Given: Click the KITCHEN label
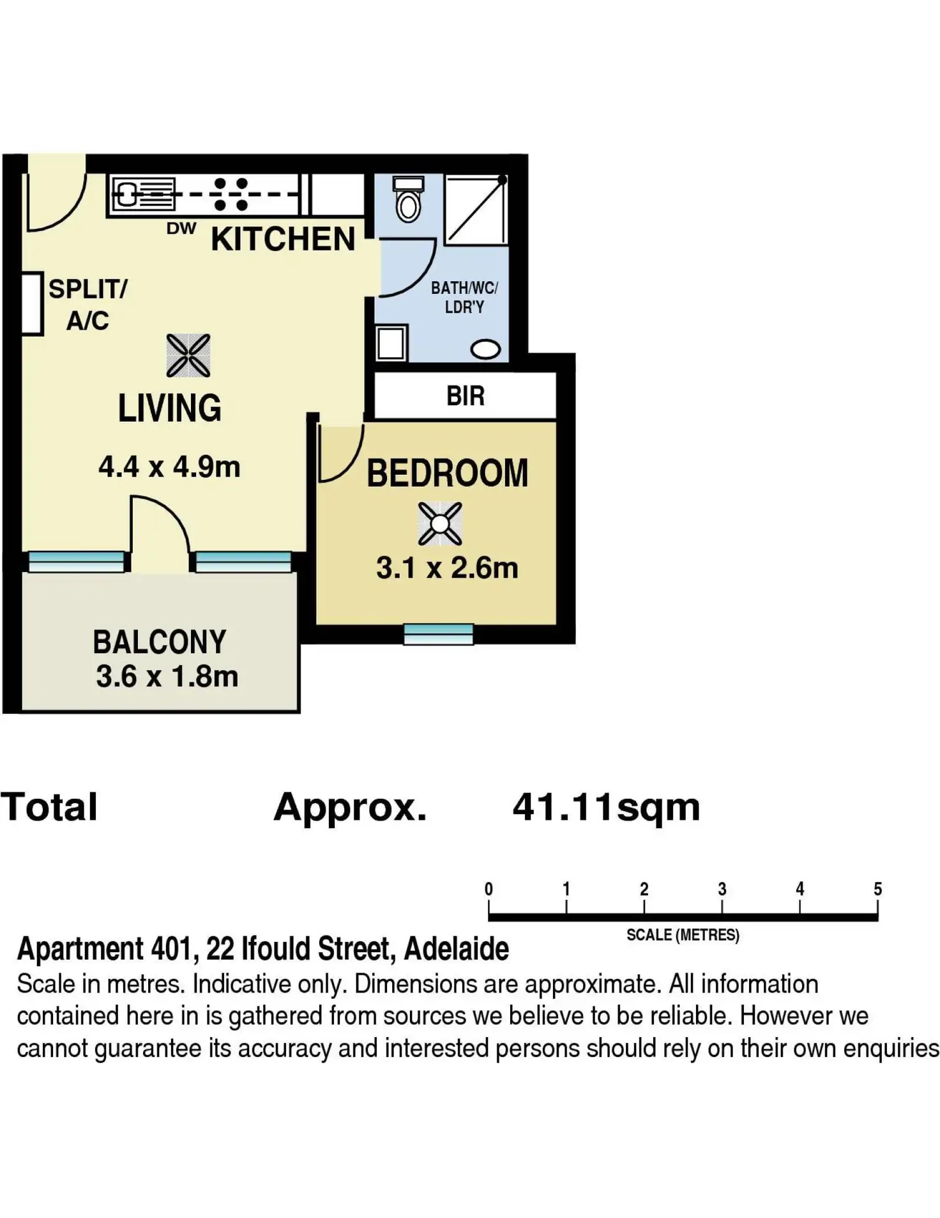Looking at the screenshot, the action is click(283, 240).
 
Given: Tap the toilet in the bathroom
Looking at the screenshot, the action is click(408, 199).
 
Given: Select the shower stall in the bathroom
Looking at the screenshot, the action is click(476, 209).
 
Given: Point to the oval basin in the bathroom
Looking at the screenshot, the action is click(485, 350).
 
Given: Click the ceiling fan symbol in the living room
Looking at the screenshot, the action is click(188, 355).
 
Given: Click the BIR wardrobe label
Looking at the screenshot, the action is click(466, 396).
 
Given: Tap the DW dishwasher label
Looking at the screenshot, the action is click(181, 229).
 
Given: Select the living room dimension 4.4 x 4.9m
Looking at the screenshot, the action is click(169, 467).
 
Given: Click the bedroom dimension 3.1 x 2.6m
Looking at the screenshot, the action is click(447, 568).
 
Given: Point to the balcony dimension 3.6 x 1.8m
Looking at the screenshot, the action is click(167, 677).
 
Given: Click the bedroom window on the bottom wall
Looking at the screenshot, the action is click(439, 634).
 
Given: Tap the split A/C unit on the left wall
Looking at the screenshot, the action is click(32, 304).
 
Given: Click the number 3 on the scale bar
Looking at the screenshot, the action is click(722, 889).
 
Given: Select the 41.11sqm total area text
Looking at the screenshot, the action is click(606, 807).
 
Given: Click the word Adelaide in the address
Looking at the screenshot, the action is click(457, 949).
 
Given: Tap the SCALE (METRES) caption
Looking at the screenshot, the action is click(683, 935).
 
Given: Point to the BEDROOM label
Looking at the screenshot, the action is click(447, 474).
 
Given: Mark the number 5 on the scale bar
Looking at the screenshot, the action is click(877, 889).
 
